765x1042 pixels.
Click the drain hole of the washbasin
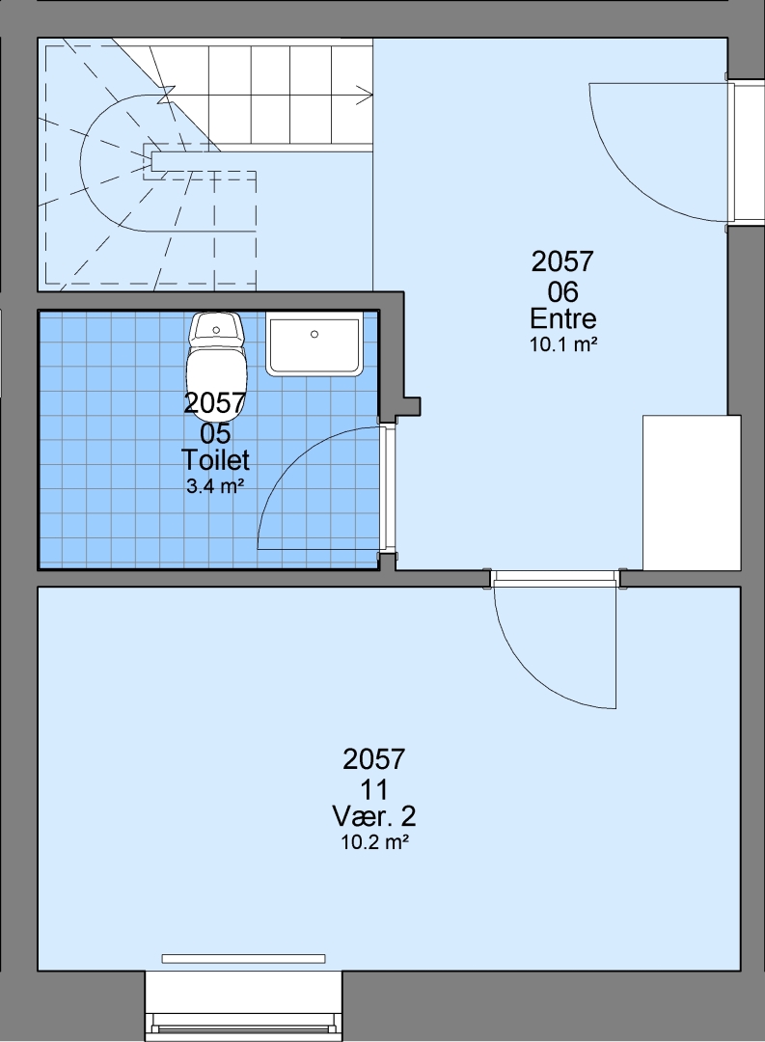point(314,334)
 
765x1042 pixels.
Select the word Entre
point(563,319)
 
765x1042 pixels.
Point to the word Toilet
point(215,460)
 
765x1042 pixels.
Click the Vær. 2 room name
point(374,816)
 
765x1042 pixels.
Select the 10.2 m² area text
point(374,842)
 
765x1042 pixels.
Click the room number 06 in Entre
point(563,291)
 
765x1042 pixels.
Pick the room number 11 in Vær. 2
point(374,789)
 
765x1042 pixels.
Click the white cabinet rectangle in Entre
point(692,492)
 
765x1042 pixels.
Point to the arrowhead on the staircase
point(365,95)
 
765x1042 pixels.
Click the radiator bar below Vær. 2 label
point(244,958)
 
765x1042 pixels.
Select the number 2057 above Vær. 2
point(374,759)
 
